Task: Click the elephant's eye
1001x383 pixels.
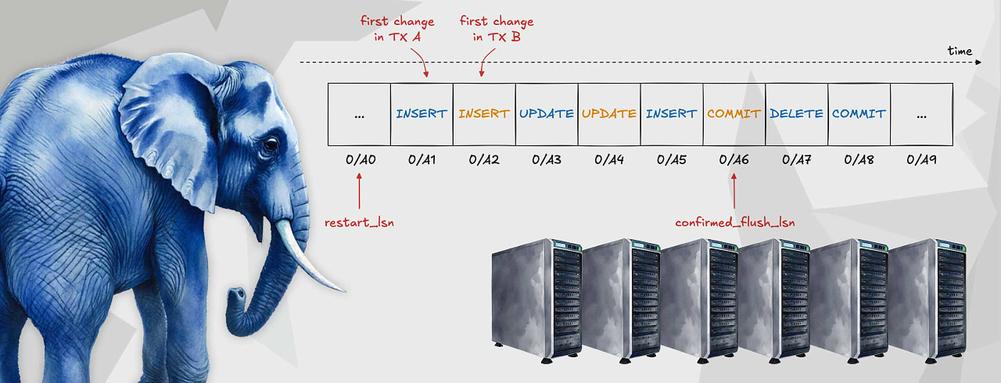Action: click(x=270, y=145)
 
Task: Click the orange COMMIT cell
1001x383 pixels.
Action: click(x=734, y=113)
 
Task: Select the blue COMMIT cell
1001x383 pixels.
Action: click(x=859, y=113)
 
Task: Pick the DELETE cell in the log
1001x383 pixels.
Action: click(x=796, y=113)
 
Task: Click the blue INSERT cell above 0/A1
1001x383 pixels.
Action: click(x=422, y=113)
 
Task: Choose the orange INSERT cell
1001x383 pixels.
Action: click(x=484, y=113)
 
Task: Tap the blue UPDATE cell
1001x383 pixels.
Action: click(x=547, y=113)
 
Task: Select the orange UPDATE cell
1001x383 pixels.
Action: click(x=609, y=113)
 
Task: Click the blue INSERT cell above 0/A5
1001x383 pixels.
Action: click(x=671, y=113)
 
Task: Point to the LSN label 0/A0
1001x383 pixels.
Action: click(x=360, y=159)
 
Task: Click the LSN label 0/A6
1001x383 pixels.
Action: click(x=734, y=159)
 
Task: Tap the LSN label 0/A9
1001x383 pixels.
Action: click(x=921, y=159)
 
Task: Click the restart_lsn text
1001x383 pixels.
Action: click(x=359, y=222)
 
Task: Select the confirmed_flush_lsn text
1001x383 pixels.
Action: click(x=735, y=222)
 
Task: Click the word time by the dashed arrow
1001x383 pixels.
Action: click(x=960, y=51)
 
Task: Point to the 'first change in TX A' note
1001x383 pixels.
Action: click(x=397, y=28)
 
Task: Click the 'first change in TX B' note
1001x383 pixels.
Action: click(x=497, y=28)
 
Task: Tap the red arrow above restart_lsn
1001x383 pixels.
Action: click(x=360, y=191)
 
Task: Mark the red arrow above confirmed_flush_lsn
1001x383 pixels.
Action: click(x=734, y=191)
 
